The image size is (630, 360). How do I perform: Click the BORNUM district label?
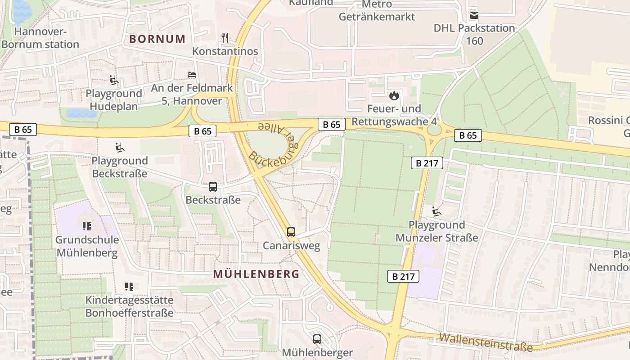pyautogui.click(x=157, y=39)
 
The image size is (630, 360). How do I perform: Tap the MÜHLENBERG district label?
pyautogui.click(x=256, y=274)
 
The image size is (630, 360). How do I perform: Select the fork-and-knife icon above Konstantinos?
pyautogui.click(x=225, y=38)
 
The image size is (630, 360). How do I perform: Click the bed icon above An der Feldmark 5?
pyautogui.click(x=192, y=75)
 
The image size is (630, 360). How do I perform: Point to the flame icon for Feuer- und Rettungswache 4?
pyautogui.click(x=394, y=95)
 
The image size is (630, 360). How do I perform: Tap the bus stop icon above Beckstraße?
pyautogui.click(x=213, y=186)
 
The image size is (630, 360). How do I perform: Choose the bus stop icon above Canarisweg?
pyautogui.click(x=291, y=232)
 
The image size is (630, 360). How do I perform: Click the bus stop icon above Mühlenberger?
pyautogui.click(x=317, y=339)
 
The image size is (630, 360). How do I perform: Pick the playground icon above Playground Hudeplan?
pyautogui.click(x=114, y=81)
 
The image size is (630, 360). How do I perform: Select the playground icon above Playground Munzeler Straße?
pyautogui.click(x=436, y=211)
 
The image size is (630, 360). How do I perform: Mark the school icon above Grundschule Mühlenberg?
pyautogui.click(x=87, y=226)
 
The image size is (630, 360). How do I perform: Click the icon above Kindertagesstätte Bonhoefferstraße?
pyautogui.click(x=129, y=286)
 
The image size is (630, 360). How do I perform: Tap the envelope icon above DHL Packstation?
pyautogui.click(x=474, y=15)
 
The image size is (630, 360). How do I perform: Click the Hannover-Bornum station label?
pyautogui.click(x=40, y=38)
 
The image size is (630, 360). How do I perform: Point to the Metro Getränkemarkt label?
pyautogui.click(x=377, y=11)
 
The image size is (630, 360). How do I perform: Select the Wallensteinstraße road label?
pyautogui.click(x=486, y=342)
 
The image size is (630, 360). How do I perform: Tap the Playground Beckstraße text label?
pyautogui.click(x=120, y=167)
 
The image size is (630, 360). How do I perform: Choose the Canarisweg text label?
pyautogui.click(x=291, y=246)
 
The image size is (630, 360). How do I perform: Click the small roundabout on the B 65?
pyautogui.click(x=434, y=130)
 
